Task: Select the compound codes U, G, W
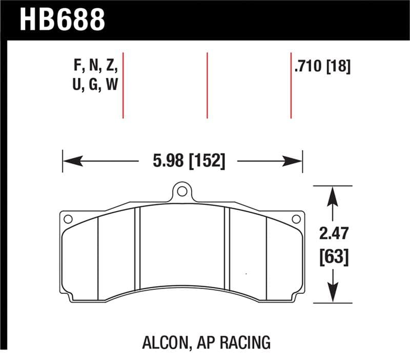96,85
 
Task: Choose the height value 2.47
334,234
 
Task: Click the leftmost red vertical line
123,85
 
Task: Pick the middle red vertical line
207,85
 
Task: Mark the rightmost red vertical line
291,85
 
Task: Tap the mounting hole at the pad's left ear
67,219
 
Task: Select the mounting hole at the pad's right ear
295,219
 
